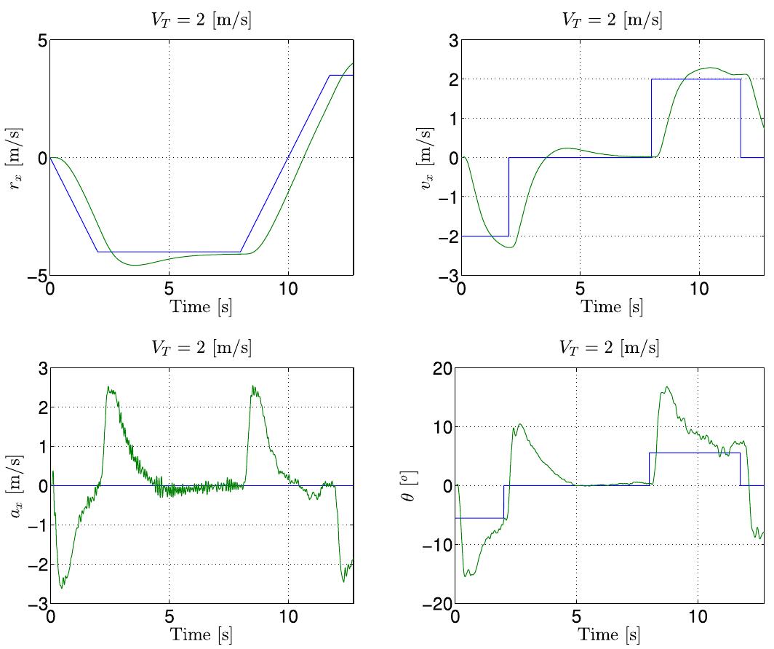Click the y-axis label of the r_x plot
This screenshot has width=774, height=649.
(x=15, y=158)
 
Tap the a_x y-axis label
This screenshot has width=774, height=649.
(x=15, y=485)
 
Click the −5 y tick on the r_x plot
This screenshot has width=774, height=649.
(x=38, y=276)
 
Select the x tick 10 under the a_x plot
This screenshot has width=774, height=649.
(x=288, y=618)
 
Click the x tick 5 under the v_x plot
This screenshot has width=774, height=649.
(x=580, y=289)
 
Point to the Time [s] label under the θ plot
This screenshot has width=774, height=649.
(x=610, y=634)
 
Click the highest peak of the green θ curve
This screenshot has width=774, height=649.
(x=666, y=387)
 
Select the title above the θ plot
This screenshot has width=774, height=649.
(x=610, y=348)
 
